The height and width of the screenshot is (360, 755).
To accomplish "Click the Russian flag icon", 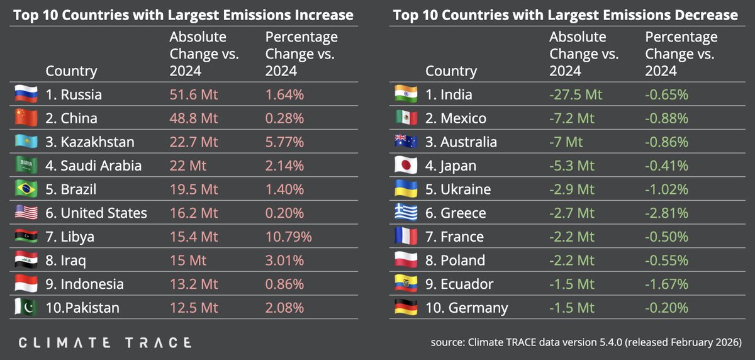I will [26, 94].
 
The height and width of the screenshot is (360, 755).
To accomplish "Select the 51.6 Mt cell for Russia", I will [194, 95].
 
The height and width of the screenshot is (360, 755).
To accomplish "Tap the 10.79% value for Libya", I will [289, 237].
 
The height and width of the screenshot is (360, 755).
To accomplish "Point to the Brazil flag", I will [26, 189].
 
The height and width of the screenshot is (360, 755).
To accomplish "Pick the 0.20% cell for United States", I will [284, 213].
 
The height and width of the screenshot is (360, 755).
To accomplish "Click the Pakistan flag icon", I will [26, 308].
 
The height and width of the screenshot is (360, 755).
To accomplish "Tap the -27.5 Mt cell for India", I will [576, 95].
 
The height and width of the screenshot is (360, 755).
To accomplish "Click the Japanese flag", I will [405, 166].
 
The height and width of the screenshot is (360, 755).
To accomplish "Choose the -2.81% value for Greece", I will [666, 213].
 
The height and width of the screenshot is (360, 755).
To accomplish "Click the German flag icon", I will [405, 308].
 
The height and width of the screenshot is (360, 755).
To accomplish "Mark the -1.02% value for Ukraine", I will [666, 189].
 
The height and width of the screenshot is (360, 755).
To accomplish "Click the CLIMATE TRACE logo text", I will [104, 342].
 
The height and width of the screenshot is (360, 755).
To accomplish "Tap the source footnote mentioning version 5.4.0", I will [586, 343].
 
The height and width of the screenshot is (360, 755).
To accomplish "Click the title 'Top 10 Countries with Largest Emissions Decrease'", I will [565, 14].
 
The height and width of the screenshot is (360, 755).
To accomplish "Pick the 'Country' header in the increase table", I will [71, 71].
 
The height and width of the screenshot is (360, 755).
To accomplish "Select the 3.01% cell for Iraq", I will [285, 261].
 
